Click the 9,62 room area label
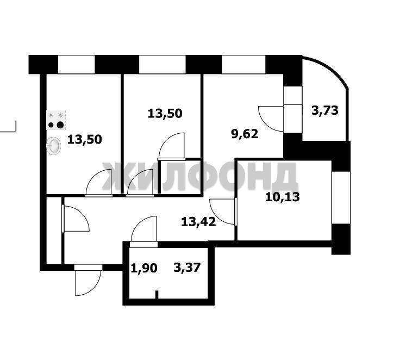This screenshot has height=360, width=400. (245, 134)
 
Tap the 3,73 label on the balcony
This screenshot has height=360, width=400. (325, 110)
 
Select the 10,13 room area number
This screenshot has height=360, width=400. (283, 197)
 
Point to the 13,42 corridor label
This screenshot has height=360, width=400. (198, 222)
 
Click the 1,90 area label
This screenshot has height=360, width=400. (144, 268)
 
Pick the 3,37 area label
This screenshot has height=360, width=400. (187, 268)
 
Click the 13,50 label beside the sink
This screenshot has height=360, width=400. (84, 140)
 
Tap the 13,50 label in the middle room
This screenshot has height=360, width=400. (165, 113)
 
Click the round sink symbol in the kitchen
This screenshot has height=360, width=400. (54, 146)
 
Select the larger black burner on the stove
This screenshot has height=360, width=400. (60, 125)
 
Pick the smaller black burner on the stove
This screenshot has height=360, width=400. (51, 125)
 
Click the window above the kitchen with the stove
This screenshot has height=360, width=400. (77, 65)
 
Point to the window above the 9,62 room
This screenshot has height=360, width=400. (244, 65)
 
